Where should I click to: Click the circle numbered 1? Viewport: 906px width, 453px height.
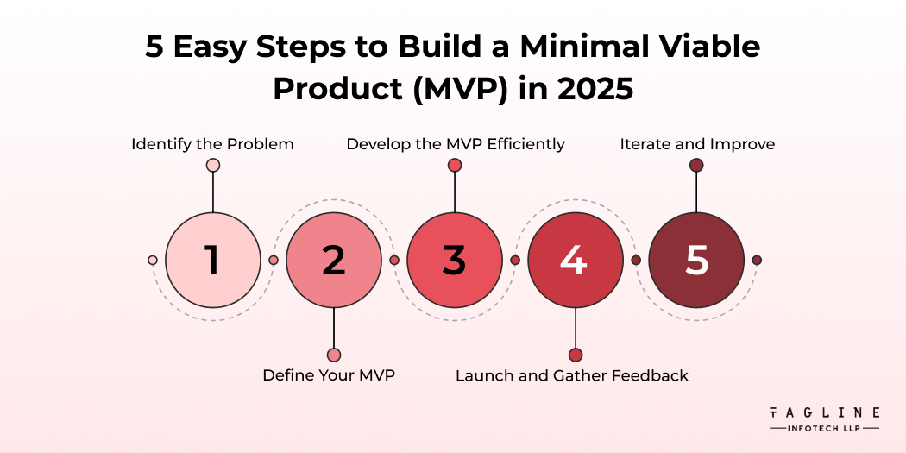coord(213,260)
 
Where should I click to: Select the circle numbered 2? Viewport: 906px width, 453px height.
coord(334,260)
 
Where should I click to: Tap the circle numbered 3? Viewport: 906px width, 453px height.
coord(455,260)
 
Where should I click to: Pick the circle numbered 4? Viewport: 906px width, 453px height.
coord(576,260)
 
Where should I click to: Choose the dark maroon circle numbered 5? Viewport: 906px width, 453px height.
coord(696,260)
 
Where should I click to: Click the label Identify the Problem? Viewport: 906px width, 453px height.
coord(212,144)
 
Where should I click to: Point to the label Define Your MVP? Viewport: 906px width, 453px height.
coord(329,375)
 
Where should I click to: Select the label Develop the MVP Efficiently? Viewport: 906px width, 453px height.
coord(456,144)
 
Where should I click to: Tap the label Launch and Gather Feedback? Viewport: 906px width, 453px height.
coord(572,375)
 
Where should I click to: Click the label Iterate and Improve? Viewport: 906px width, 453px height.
coord(697,144)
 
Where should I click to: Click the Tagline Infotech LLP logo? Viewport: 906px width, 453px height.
coord(824,419)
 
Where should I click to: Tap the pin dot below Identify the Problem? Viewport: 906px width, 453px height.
coord(213,165)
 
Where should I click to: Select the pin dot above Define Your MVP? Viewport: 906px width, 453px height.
coord(334,355)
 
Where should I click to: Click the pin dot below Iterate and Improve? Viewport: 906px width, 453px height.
coord(696,165)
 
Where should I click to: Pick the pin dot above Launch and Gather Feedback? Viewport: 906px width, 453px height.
coord(576,355)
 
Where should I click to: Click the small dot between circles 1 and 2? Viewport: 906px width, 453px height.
coord(274,260)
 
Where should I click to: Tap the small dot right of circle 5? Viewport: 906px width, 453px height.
coord(757,260)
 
